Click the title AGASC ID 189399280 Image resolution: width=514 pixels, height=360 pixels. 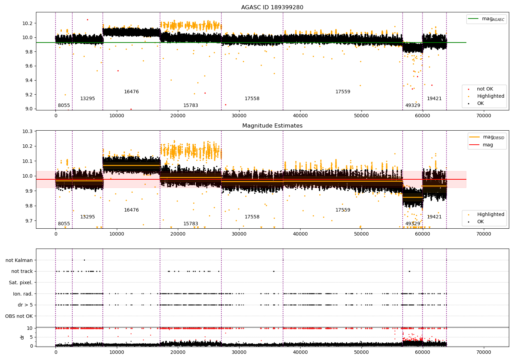click(272, 8)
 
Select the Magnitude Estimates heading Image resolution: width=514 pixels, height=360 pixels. click(272, 126)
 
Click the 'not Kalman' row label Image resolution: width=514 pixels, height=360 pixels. click(19, 260)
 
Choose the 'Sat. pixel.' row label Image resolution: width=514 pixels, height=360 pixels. click(21, 283)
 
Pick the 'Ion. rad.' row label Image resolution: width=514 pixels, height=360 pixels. click(23, 294)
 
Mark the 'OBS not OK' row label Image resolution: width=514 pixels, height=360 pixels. click(19, 316)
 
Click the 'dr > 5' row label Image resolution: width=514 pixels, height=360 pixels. click(25, 305)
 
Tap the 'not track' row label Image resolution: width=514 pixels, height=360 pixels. click(22, 271)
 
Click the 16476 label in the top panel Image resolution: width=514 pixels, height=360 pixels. click(131, 92)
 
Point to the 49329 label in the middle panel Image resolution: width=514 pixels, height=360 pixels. click(413, 224)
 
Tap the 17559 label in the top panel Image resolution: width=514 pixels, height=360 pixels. click(343, 92)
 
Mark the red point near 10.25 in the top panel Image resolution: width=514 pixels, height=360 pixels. click(87, 20)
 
